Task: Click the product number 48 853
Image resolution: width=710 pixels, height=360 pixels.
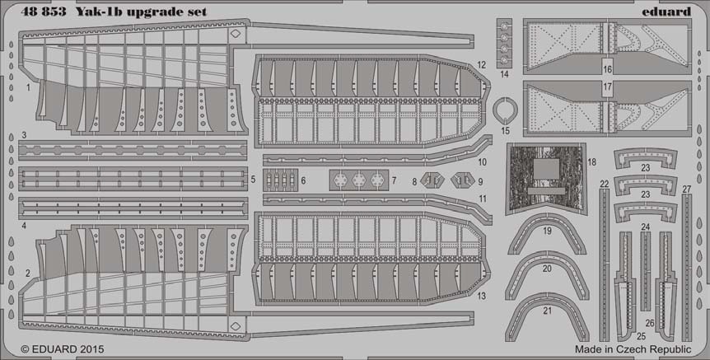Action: point(43,12)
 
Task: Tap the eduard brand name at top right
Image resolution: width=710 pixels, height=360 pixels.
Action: point(666,12)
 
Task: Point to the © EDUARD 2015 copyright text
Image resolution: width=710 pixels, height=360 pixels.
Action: point(63,349)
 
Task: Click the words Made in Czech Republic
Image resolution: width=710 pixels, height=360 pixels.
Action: point(633,349)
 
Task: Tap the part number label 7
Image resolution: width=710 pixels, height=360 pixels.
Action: point(394,180)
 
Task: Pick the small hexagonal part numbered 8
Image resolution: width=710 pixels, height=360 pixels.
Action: point(432,180)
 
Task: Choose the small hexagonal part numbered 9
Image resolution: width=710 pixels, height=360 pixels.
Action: point(462,180)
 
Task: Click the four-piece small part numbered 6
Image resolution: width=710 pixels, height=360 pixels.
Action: point(280,180)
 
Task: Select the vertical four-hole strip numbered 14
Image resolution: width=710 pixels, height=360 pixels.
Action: point(504,42)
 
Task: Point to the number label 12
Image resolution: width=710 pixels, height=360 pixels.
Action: point(481,65)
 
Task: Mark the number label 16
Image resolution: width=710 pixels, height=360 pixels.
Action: point(607,69)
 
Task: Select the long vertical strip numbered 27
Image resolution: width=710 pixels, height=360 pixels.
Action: point(687,267)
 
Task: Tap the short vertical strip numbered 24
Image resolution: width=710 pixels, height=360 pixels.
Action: point(645,271)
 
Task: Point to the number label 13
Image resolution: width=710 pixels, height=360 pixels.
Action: point(481,296)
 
